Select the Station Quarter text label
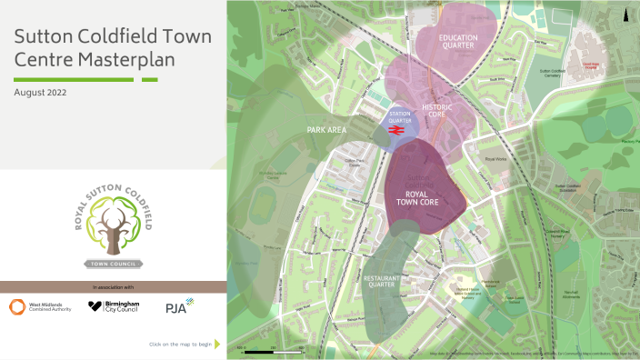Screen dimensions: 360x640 [400, 118]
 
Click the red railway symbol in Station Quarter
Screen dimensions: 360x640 [396, 131]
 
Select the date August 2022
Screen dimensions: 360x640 [40, 93]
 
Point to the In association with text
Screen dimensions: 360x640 [113, 287]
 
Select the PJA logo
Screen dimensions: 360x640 [179, 307]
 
